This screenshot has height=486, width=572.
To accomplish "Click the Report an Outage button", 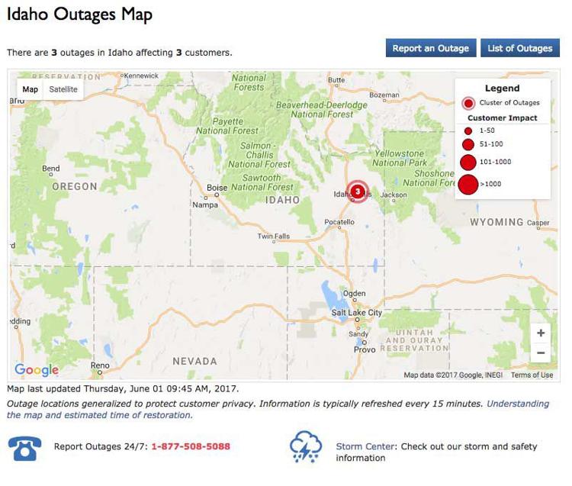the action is (x=431, y=48).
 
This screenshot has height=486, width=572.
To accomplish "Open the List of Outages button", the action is (x=519, y=48).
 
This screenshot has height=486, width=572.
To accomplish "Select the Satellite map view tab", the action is (x=63, y=89).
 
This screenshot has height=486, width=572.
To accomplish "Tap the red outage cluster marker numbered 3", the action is (x=357, y=192).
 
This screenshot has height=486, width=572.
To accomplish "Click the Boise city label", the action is (x=217, y=188).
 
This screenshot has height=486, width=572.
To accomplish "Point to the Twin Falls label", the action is (x=275, y=237).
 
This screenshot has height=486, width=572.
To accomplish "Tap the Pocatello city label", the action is (x=339, y=221).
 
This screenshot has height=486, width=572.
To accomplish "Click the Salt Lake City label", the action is (x=356, y=313).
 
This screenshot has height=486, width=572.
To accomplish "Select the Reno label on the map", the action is (x=100, y=365).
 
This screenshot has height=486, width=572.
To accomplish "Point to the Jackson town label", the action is (x=394, y=195).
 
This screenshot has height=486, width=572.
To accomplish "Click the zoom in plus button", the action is (x=541, y=333).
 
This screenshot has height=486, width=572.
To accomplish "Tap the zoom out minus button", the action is (x=541, y=352).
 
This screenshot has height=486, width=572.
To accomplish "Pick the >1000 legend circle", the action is (x=468, y=184).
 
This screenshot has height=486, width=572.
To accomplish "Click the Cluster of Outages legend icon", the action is (x=468, y=103).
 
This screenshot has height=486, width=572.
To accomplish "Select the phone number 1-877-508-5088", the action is (x=190, y=446).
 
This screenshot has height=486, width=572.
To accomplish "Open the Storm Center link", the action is (x=365, y=446).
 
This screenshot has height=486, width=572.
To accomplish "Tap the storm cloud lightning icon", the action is (x=305, y=447).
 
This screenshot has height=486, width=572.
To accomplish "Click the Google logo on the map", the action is (x=37, y=370).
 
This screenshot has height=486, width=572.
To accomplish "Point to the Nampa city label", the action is (x=205, y=204).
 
